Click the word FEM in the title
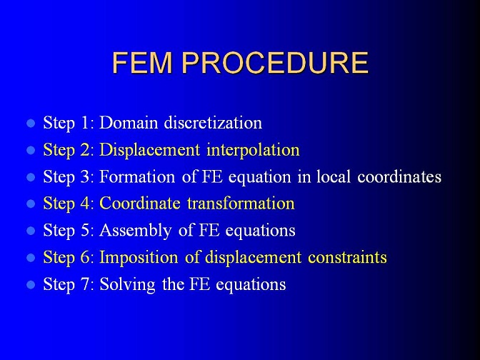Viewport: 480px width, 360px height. [x=142, y=63]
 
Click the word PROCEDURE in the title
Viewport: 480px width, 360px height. [x=275, y=63]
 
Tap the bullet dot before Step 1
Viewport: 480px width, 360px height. [x=31, y=123]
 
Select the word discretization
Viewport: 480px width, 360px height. [x=213, y=122]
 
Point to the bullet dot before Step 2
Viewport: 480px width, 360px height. [x=31, y=150]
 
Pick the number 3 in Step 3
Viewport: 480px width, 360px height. [x=85, y=176]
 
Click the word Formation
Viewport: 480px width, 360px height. [x=137, y=176]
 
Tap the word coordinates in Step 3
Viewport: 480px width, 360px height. [x=399, y=176]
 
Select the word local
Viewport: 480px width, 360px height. [x=334, y=176]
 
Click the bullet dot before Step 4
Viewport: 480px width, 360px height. [x=31, y=204]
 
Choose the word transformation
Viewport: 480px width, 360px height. [x=241, y=204]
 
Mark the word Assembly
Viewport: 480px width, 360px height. [x=135, y=230]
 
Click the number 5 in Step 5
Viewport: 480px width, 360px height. [x=85, y=230]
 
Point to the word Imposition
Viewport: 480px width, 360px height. [x=139, y=257]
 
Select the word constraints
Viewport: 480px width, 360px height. [x=347, y=257]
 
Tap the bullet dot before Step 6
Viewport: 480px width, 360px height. [x=31, y=257]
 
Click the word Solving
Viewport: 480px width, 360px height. [x=127, y=284]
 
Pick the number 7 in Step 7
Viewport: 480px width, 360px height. [x=85, y=284]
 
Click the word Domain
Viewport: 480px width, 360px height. [x=129, y=122]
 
